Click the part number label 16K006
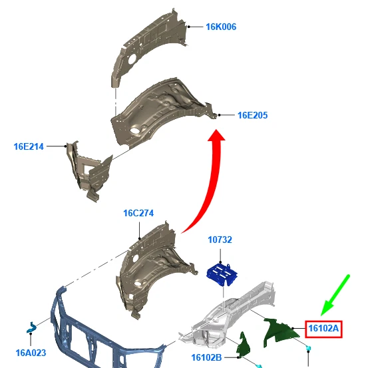point(221,27)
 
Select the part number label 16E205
point(253,115)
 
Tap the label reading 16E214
point(29,146)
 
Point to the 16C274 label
point(138,213)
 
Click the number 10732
point(220,240)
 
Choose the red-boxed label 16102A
point(323,329)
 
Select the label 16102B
point(206,357)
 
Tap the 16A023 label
point(31,353)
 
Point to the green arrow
point(335,295)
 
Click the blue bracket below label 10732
point(222,274)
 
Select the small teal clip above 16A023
point(31,327)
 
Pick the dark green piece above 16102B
point(244,345)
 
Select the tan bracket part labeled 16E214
point(89,169)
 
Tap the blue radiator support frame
point(102,339)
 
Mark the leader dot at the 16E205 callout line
point(219,115)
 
